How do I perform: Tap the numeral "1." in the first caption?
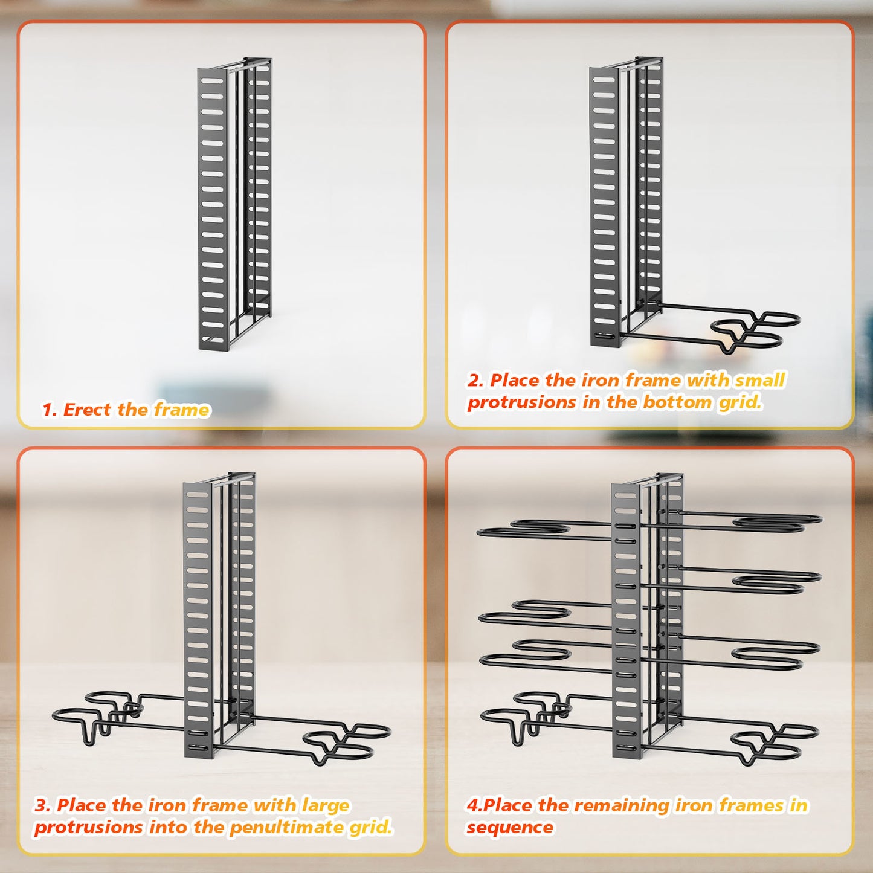(x=50, y=410)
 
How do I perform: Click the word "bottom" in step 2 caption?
(x=677, y=402)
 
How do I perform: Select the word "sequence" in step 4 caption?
(x=509, y=827)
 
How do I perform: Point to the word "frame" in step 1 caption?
(x=181, y=410)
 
